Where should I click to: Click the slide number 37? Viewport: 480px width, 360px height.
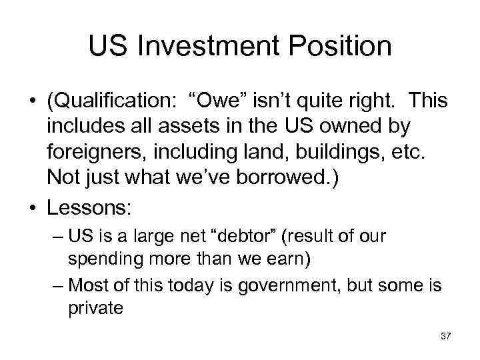446,337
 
